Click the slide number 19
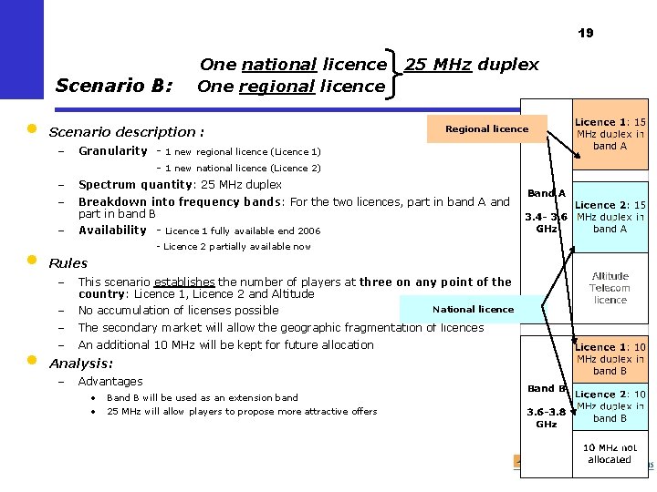[585, 33]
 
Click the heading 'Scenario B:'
[114, 86]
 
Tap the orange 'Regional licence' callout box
[486, 129]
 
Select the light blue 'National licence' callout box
[473, 310]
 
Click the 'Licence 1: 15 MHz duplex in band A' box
[610, 134]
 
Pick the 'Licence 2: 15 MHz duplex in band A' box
[610, 217]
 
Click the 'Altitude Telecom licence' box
[610, 288]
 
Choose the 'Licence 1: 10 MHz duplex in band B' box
[610, 359]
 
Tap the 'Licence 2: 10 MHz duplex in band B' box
[610, 406]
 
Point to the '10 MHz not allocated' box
[610, 453]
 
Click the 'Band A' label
[547, 193]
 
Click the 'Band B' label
[547, 389]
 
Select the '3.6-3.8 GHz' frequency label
[547, 417]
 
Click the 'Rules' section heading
[68, 263]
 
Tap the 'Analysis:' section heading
[81, 364]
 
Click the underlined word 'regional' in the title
[279, 87]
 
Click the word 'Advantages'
[110, 382]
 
